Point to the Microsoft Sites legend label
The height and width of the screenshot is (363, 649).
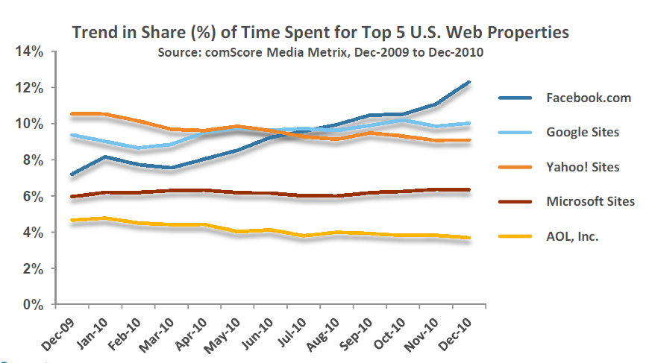pos(590,201)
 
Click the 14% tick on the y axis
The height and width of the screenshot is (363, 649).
pos(27,52)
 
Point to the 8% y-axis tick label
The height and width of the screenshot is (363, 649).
pos(30,160)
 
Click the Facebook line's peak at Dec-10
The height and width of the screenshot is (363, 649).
pos(468,83)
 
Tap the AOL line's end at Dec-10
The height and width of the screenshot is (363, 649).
pos(468,238)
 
